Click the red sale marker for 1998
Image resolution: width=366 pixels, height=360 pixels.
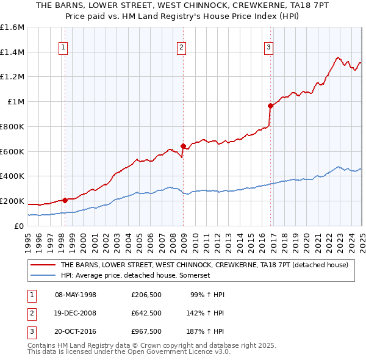65,200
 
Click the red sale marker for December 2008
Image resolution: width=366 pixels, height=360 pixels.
183,146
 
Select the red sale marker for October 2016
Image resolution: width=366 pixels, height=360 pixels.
270,106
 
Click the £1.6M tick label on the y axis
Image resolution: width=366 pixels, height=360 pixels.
12,27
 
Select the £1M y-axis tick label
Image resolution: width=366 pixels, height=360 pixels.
16,102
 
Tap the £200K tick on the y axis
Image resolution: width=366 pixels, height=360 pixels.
12,201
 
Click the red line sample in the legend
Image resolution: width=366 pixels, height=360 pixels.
43,265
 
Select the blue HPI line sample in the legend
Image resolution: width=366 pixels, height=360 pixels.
43,276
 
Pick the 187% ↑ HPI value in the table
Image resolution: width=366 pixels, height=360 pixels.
205,332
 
